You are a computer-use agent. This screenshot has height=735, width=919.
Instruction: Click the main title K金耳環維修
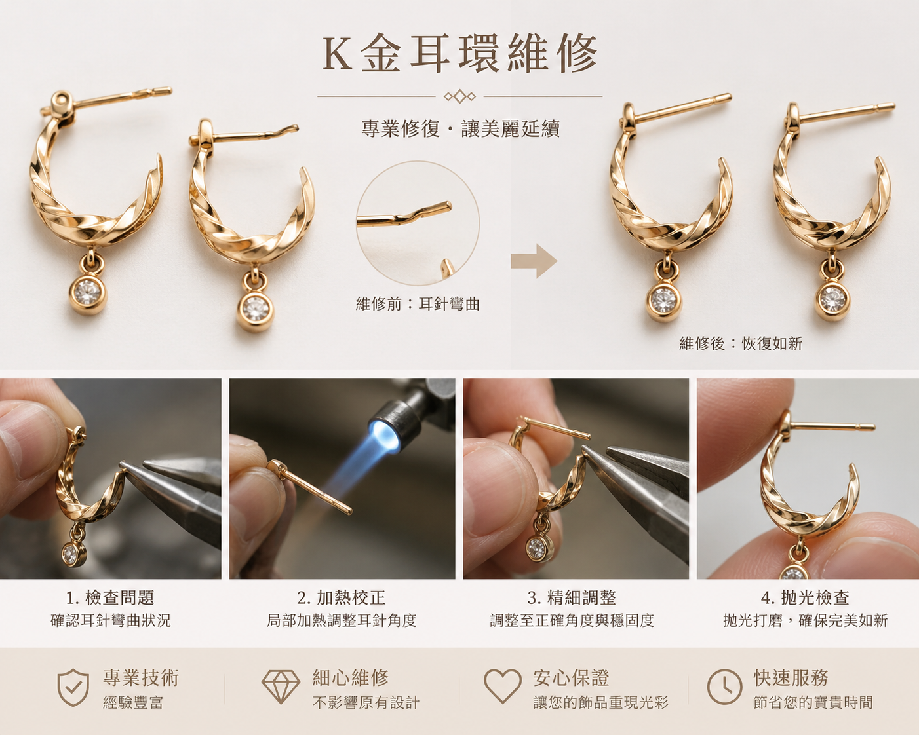pyautogui.click(x=459, y=54)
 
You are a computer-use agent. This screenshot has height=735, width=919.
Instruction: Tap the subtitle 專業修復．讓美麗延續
pyautogui.click(x=460, y=128)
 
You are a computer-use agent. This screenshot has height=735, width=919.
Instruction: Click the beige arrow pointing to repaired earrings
pyautogui.click(x=534, y=261)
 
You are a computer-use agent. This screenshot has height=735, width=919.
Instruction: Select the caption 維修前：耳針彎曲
pyautogui.click(x=418, y=304)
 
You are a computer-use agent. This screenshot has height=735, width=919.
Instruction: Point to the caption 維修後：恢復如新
pyautogui.click(x=741, y=343)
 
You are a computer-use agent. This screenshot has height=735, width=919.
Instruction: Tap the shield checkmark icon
pyautogui.click(x=73, y=688)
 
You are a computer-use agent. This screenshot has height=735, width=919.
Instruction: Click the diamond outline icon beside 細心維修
pyautogui.click(x=281, y=687)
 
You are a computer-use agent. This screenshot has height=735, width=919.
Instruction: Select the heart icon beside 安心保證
pyautogui.click(x=503, y=687)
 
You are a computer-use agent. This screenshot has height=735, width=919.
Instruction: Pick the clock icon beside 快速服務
pyautogui.click(x=725, y=687)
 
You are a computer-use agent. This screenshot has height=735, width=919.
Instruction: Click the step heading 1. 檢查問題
pyautogui.click(x=110, y=597)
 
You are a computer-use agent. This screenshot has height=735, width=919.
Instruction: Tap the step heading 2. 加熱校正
pyautogui.click(x=342, y=597)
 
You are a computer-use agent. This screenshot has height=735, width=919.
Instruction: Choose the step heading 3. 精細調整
pyautogui.click(x=572, y=597)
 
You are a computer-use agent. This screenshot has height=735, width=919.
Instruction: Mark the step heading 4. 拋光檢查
pyautogui.click(x=805, y=597)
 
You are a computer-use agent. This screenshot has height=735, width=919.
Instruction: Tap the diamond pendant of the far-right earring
pyautogui.click(x=832, y=300)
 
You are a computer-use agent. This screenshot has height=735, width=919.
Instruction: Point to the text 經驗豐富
pyautogui.click(x=133, y=702)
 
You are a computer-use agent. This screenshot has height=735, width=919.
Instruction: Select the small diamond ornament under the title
pyautogui.click(x=459, y=96)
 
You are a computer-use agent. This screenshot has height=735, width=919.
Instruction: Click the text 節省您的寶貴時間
pyautogui.click(x=813, y=702)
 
